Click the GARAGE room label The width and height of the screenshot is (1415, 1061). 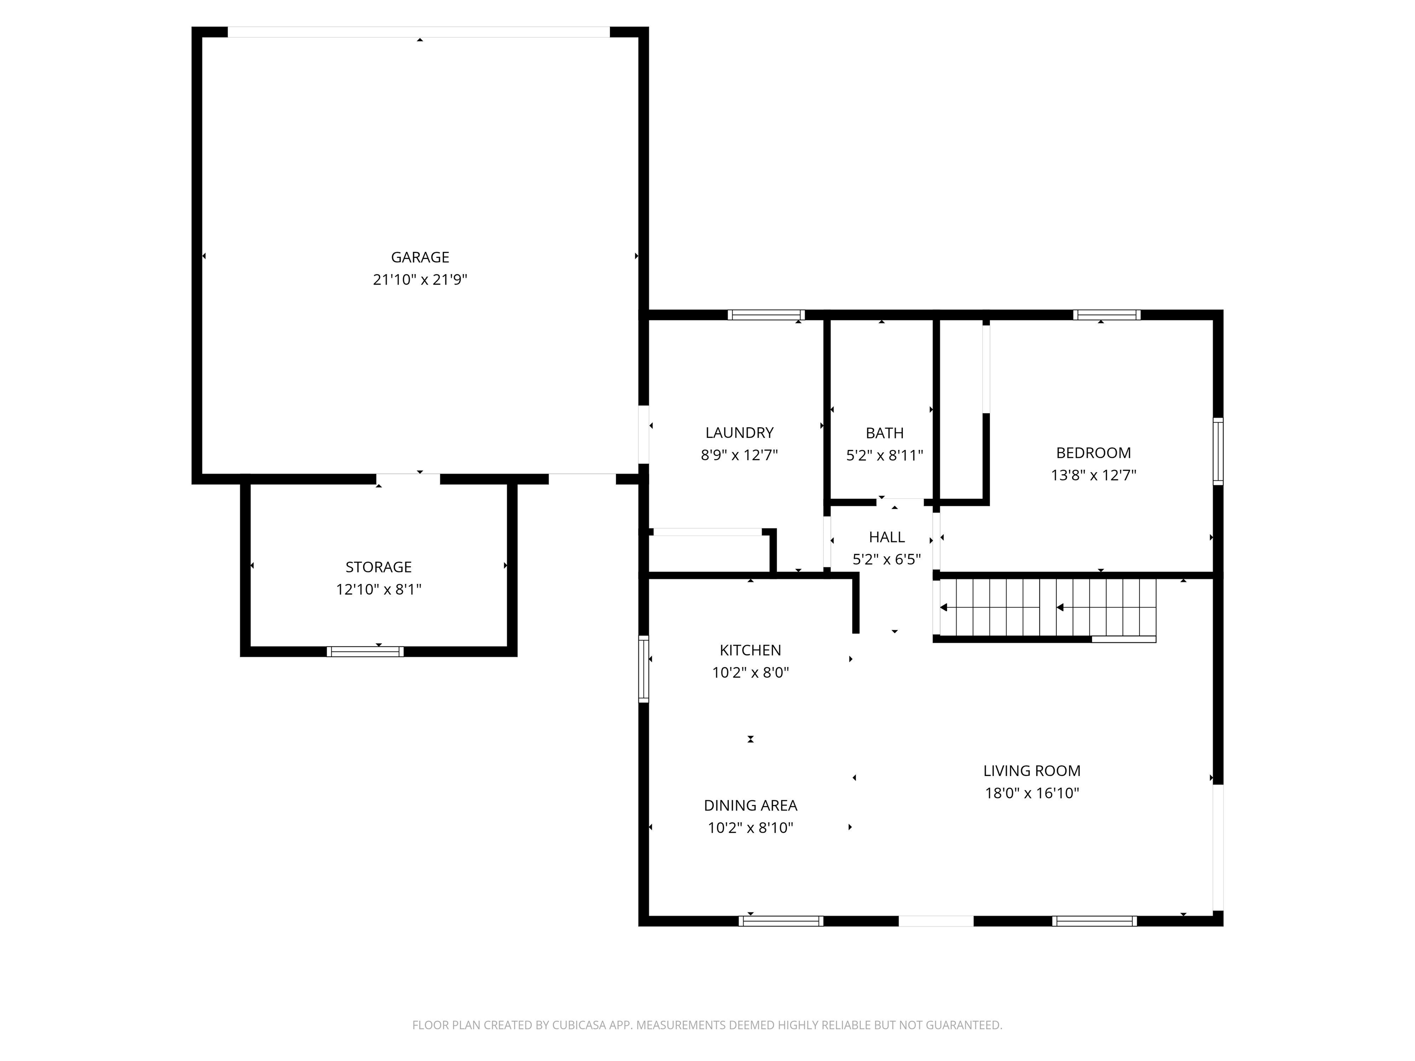pos(420,257)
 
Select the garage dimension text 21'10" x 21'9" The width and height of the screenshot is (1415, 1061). pos(420,280)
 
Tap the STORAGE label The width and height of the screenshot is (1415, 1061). pos(378,566)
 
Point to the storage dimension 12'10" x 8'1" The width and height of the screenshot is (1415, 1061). pos(378,589)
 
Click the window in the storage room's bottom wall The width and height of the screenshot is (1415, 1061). pos(365,652)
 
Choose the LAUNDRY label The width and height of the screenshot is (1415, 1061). pos(739,432)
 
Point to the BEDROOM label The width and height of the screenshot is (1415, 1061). pos(1093,453)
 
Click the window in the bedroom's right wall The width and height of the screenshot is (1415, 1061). pos(1218,451)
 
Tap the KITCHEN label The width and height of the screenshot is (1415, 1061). pos(750,650)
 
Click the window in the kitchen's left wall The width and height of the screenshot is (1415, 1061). pos(643,669)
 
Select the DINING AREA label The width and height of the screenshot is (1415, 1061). pos(750,805)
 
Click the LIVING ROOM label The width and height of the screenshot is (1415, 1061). pos(1031,770)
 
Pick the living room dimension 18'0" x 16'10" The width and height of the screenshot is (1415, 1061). pos(1031,793)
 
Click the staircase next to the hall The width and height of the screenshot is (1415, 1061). pos(1047,607)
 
